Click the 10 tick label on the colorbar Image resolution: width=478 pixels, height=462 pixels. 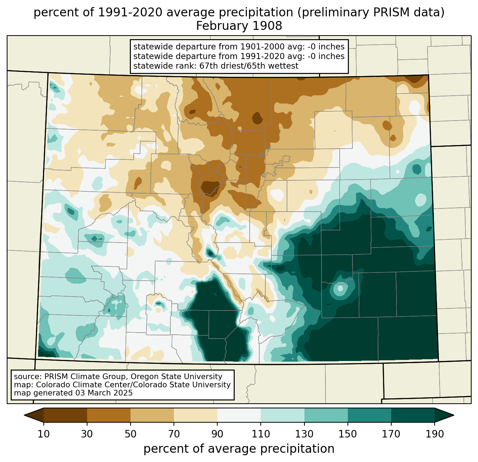(44, 434)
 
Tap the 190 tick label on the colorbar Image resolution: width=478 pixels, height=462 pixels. (435, 434)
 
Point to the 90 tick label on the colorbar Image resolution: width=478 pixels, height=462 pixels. (217, 434)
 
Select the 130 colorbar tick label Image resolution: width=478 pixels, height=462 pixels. (304, 434)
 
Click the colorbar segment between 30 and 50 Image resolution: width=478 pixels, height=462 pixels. (109, 415)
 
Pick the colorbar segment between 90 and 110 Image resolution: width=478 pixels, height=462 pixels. (239, 415)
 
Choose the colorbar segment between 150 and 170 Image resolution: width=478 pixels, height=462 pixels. (370, 415)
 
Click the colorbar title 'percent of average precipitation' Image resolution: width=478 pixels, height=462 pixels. (239, 449)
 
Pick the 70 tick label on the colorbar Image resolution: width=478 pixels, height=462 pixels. (174, 434)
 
